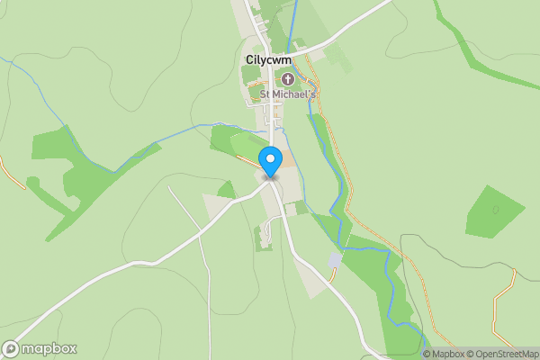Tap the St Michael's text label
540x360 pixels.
pyautogui.click(x=289, y=94)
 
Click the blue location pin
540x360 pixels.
pyautogui.click(x=271, y=161)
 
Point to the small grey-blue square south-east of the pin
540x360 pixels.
pyautogui.click(x=335, y=260)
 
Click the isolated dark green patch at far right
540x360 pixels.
pyautogui.click(x=494, y=212)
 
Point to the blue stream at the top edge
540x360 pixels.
pyautogui.click(x=294, y=13)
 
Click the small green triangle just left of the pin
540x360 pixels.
pyautogui.click(x=226, y=190)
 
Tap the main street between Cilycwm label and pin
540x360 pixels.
pyautogui.click(x=271, y=121)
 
